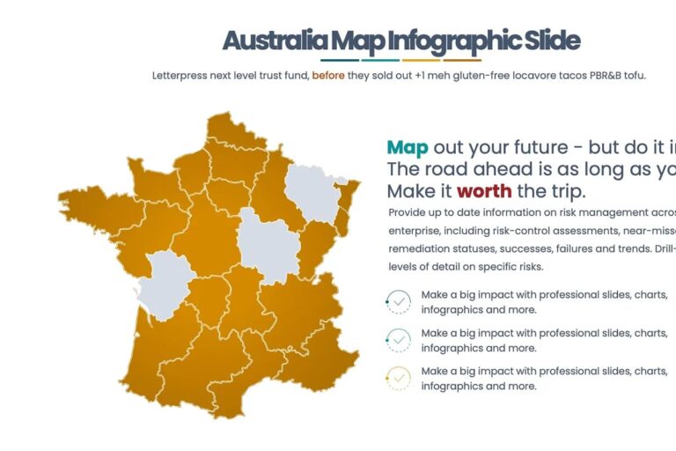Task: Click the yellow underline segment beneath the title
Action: (421, 61)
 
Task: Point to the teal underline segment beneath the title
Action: (381, 61)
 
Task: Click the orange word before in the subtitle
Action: (328, 76)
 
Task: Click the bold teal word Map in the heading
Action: (408, 148)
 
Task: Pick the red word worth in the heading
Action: (483, 191)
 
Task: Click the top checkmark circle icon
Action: (399, 302)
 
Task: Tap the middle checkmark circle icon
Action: (399, 340)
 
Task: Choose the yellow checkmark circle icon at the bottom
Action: (399, 379)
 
